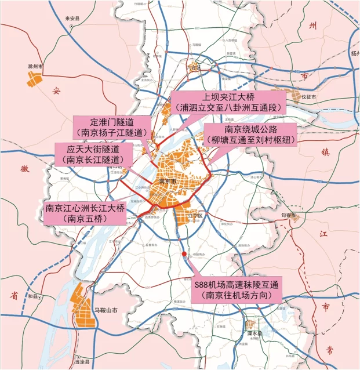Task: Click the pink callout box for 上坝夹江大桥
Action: (234, 101)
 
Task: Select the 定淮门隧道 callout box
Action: (112, 127)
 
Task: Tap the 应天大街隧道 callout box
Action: (92, 153)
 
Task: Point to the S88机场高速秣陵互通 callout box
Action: (237, 290)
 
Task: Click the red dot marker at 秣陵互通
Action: (184, 254)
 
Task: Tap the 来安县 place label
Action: (71, 18)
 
